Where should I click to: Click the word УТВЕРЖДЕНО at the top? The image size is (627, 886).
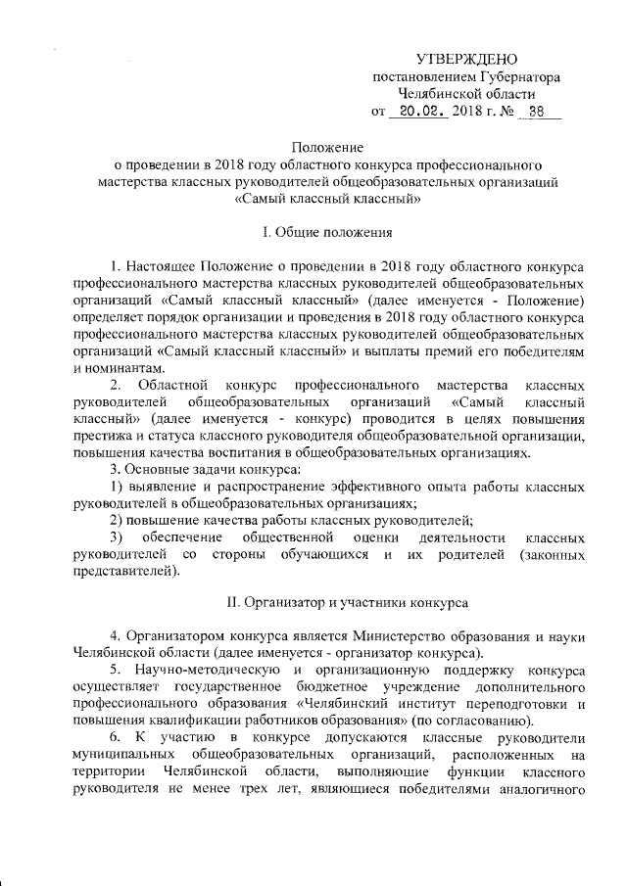point(467,60)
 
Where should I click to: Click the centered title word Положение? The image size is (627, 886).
point(328,145)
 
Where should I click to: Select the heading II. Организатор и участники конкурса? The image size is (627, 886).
point(328,598)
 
